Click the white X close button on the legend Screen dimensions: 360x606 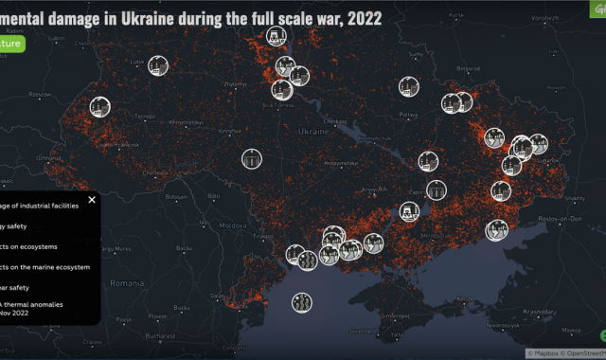pos(92,199)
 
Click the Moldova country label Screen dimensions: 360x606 pos(233,227)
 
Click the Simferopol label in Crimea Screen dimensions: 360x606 pos(394,314)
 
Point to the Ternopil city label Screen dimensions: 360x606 pos(144,117)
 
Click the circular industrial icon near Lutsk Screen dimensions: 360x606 pos(158,65)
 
